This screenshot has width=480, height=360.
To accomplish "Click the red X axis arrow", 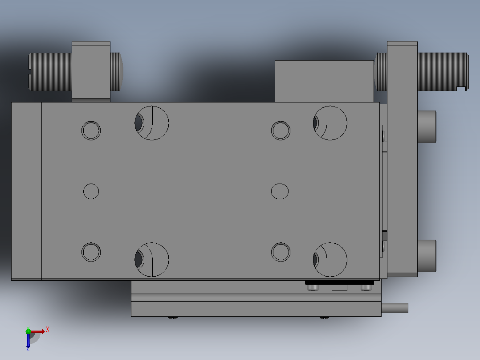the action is coord(37,331).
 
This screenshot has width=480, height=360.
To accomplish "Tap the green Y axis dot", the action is coord(28,331).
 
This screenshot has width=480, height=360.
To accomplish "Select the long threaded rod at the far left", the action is coord(50,72).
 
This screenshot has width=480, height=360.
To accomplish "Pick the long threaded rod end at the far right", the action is coord(443,72).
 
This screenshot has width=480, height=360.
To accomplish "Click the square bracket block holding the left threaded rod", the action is coord(91,71).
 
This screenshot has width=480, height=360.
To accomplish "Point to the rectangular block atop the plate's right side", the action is coord(324,81).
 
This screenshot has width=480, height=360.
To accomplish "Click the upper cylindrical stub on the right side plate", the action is coord(427,127).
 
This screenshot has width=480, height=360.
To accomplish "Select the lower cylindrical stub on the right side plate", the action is coord(427,256).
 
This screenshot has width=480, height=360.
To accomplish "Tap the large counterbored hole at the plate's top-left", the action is coord(152,123).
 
